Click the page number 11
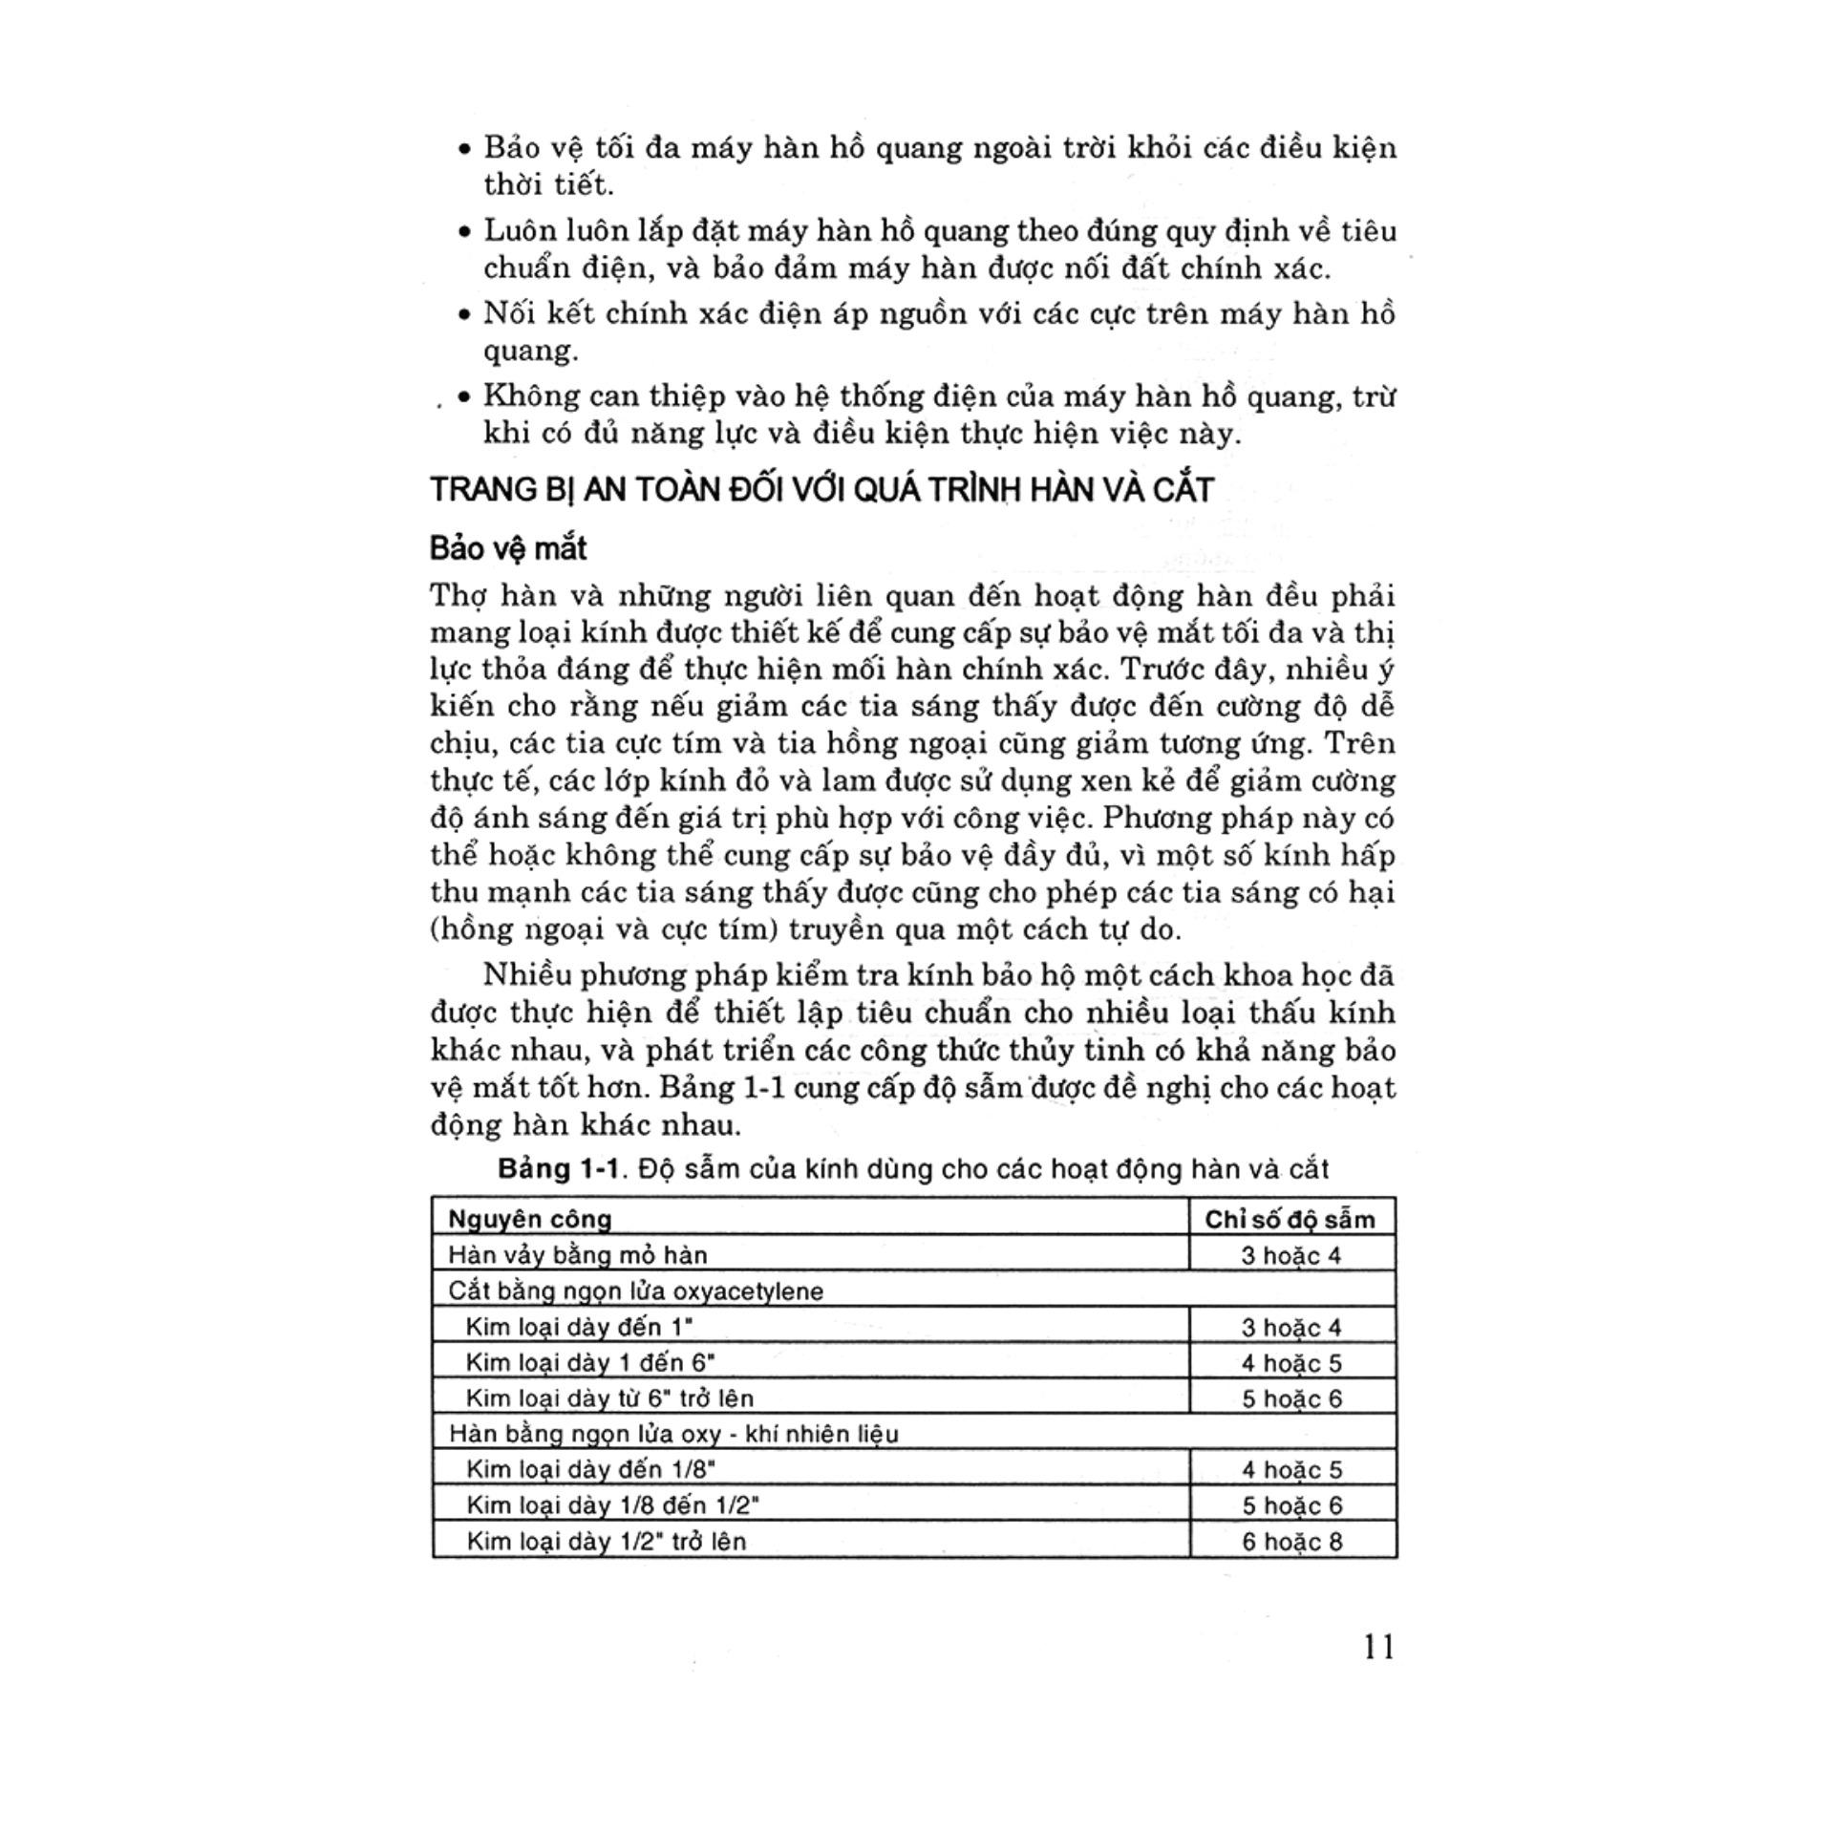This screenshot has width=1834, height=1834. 1379,1647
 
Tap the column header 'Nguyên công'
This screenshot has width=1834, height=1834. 529,1219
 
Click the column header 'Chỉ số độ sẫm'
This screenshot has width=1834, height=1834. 1290,1220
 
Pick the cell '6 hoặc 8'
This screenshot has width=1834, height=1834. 1291,1542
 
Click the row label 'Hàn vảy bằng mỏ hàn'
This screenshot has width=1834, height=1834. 577,1255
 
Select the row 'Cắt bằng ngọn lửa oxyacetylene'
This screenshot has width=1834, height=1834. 635,1291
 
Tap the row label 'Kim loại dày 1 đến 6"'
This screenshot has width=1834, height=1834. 589,1363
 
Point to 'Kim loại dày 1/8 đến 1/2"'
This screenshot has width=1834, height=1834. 612,1505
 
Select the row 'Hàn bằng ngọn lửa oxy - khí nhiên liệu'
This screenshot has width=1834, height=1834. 673,1434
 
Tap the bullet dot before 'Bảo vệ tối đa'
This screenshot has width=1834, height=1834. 464,150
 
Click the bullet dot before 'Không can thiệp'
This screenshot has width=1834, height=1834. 464,398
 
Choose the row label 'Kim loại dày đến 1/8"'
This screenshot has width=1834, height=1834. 590,1470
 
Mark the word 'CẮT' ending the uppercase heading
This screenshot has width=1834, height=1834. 1182,490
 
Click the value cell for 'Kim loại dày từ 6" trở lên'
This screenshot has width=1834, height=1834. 1291,1399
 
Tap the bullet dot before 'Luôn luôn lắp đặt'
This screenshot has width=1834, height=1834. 464,232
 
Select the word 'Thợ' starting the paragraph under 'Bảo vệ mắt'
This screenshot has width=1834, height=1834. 460,596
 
